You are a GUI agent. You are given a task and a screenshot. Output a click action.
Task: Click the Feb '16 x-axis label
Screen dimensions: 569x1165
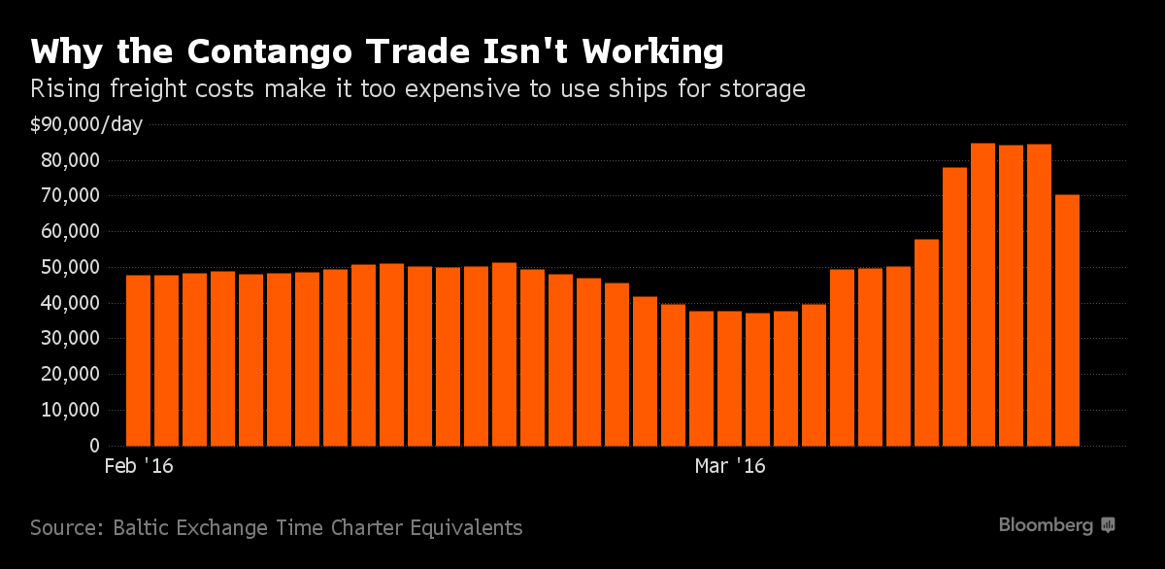coord(138,467)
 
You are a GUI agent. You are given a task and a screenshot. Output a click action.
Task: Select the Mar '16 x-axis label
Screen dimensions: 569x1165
coord(730,467)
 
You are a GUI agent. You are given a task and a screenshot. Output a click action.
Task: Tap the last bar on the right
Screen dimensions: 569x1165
coord(1067,320)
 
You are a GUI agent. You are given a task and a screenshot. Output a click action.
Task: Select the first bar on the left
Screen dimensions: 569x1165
coord(138,360)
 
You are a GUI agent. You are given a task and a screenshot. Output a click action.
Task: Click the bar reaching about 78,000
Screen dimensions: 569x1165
coord(954,307)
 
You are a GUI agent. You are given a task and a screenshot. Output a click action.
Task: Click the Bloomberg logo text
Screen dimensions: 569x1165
coord(1046,525)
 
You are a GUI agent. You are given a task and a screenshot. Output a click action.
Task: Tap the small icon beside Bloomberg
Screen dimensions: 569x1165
coord(1108,525)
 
